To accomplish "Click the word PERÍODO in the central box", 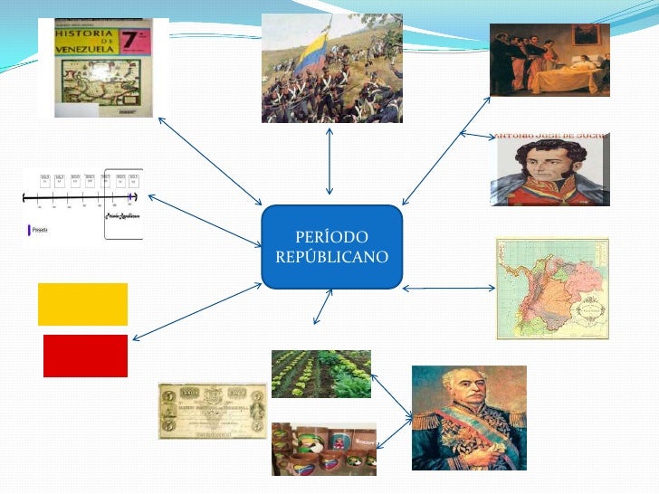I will pyautogui.click(x=331, y=237).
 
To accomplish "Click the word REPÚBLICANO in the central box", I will pyautogui.click(x=331, y=257).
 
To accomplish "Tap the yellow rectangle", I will pyautogui.click(x=82, y=304).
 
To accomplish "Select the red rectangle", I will pyautogui.click(x=85, y=356).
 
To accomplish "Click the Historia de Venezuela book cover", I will pyautogui.click(x=102, y=68).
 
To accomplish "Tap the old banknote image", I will pyautogui.click(x=213, y=411).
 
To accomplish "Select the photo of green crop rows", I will pyautogui.click(x=320, y=374).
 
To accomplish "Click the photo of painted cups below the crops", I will pyautogui.click(x=323, y=449).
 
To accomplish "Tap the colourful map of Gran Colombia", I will pyautogui.click(x=552, y=289).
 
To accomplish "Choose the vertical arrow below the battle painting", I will pyautogui.click(x=329, y=160).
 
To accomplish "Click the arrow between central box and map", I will pyautogui.click(x=449, y=289).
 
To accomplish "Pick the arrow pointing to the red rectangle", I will pyautogui.click(x=196, y=312).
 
